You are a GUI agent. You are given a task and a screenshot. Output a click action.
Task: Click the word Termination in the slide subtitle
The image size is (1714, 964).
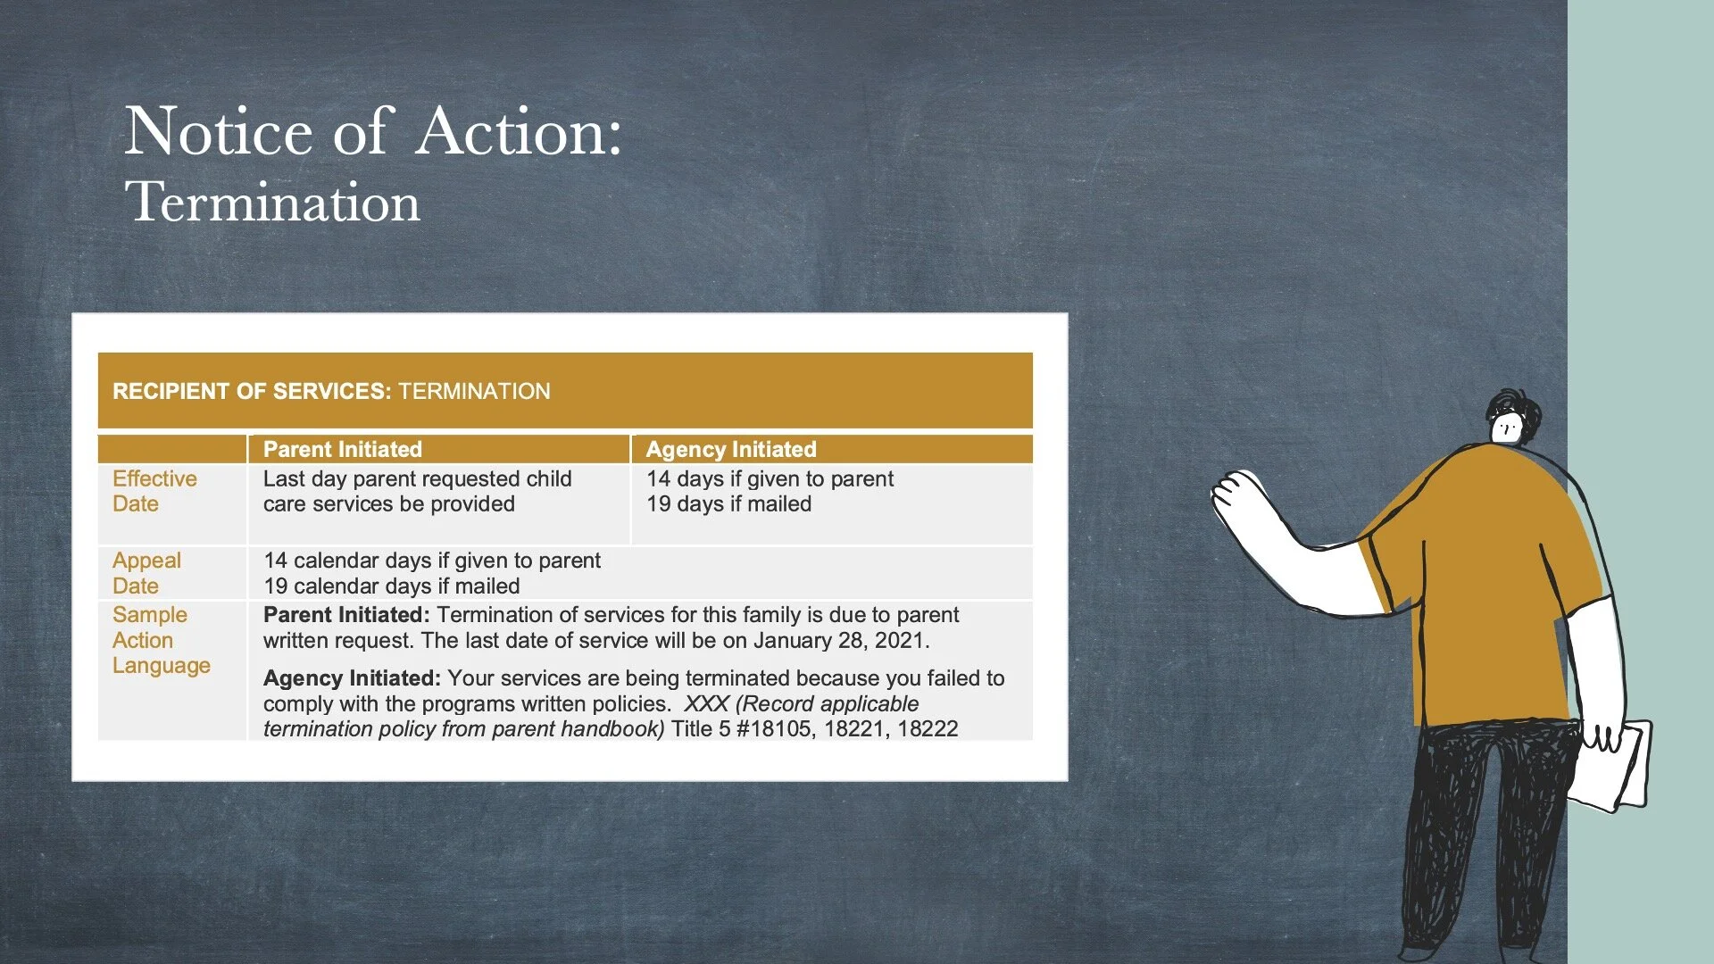[x=272, y=202]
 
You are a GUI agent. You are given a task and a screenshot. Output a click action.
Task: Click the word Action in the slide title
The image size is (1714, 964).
[x=519, y=132]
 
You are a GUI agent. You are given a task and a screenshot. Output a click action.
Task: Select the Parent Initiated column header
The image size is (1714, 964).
[x=342, y=449]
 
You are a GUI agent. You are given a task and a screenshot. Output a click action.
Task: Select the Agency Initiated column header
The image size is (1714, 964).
[x=730, y=449]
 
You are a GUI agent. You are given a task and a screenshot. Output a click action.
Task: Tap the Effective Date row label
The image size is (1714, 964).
[x=154, y=491]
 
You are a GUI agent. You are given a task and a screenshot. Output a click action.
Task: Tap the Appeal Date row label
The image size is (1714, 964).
[x=146, y=573]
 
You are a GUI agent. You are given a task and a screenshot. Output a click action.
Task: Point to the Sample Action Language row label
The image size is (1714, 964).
[x=161, y=640]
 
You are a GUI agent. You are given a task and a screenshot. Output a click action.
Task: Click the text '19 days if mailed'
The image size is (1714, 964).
[x=728, y=504]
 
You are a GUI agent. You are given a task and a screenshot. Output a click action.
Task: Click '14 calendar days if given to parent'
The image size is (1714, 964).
[x=431, y=561]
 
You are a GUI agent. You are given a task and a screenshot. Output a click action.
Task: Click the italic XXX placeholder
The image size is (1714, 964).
[x=706, y=704]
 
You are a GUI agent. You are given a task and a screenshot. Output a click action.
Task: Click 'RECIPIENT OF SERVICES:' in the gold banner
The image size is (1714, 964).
[x=252, y=391]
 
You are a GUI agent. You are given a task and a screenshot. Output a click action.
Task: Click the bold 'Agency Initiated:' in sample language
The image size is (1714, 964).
[x=352, y=678]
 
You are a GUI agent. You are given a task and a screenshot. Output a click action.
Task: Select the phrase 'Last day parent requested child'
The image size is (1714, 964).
[x=417, y=479]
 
